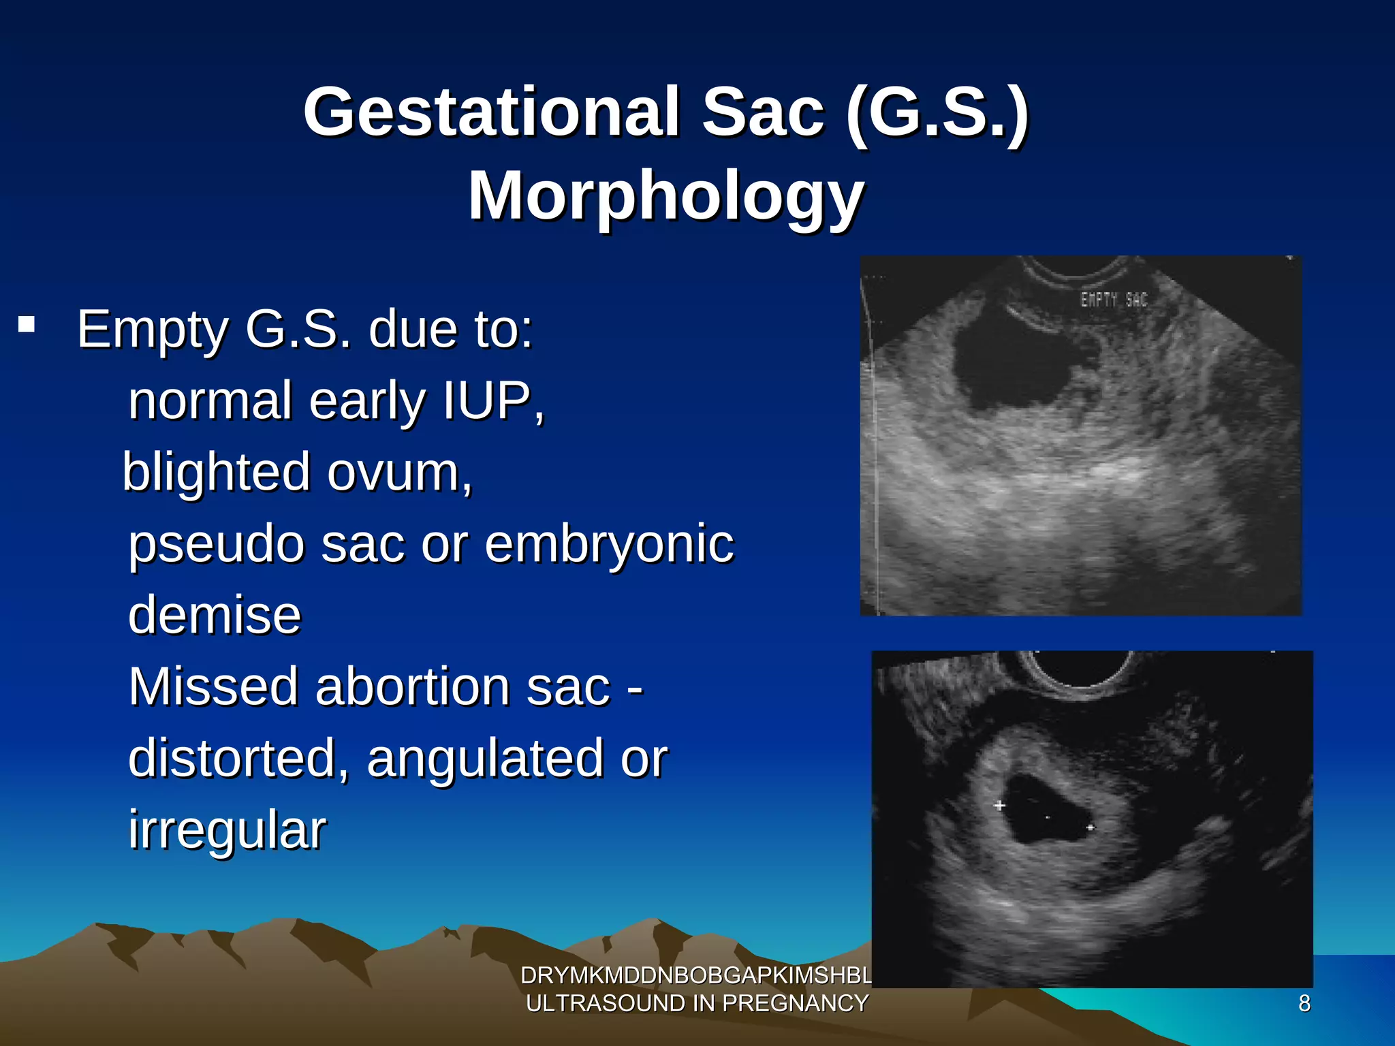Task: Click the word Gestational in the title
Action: [x=490, y=112]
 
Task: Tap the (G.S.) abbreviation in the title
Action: [x=937, y=112]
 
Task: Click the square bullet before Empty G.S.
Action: [x=27, y=323]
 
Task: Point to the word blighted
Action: [x=216, y=471]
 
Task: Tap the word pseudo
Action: [x=216, y=545]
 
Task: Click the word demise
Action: [x=214, y=615]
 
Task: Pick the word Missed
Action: [x=213, y=686]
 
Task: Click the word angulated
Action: [x=484, y=759]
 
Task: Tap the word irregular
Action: [x=227, y=830]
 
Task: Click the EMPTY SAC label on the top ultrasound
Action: [x=1114, y=300]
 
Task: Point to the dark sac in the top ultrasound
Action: [x=1008, y=368]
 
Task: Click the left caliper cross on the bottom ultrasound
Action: [x=999, y=806]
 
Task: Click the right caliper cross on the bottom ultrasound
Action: [x=1091, y=827]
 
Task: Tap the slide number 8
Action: [x=1304, y=1004]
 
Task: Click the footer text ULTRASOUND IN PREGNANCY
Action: [x=697, y=1004]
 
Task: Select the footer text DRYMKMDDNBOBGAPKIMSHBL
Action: [x=695, y=976]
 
